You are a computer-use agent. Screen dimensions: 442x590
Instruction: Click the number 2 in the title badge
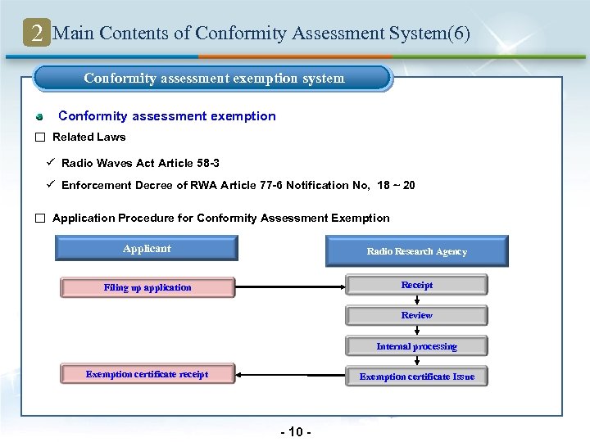click(x=37, y=34)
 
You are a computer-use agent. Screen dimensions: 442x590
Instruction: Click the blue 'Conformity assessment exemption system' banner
click(x=213, y=79)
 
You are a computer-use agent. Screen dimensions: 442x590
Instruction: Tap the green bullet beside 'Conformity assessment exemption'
click(x=39, y=116)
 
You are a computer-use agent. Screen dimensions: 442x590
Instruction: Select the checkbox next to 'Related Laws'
click(x=39, y=138)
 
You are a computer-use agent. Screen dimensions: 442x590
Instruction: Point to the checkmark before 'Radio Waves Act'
click(x=51, y=163)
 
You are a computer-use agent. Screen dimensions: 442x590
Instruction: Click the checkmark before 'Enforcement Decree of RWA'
click(x=51, y=185)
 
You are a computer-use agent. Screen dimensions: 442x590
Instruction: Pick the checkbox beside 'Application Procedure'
click(x=39, y=219)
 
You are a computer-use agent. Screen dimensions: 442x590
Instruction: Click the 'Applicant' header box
click(x=147, y=249)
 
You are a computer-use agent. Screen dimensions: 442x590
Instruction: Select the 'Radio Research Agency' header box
click(x=416, y=251)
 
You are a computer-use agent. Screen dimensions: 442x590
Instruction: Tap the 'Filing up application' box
click(x=147, y=287)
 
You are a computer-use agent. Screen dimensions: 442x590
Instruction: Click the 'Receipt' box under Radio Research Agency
click(x=416, y=285)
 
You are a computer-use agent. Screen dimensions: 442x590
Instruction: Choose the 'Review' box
click(x=416, y=315)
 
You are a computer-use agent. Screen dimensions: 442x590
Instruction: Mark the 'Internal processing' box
click(x=416, y=346)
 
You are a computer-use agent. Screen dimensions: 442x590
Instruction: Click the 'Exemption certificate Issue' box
click(x=416, y=377)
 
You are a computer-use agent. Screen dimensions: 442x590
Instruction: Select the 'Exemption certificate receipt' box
click(x=147, y=374)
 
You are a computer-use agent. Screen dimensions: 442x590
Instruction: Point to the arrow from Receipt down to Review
click(x=416, y=300)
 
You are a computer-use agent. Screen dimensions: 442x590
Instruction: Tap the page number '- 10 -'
click(x=295, y=431)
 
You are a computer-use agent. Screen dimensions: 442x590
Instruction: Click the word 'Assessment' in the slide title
click(x=358, y=34)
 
